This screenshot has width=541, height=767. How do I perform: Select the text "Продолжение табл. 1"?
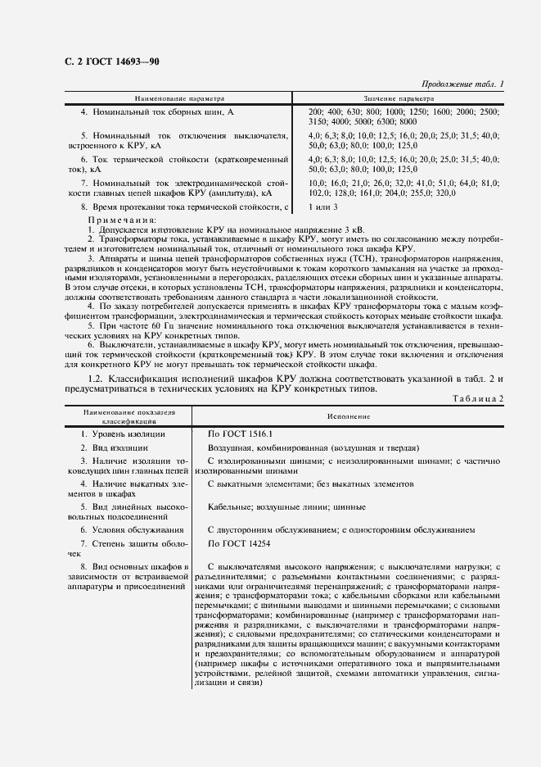click(463, 84)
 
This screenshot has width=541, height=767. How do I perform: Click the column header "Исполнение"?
click(349, 416)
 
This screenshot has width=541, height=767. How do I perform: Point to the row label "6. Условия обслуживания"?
click(131, 529)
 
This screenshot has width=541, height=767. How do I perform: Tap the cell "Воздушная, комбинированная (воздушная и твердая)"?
click(313, 448)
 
